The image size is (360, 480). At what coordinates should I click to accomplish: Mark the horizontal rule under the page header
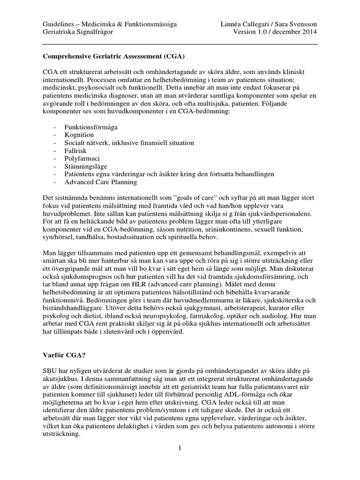point(180,45)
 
